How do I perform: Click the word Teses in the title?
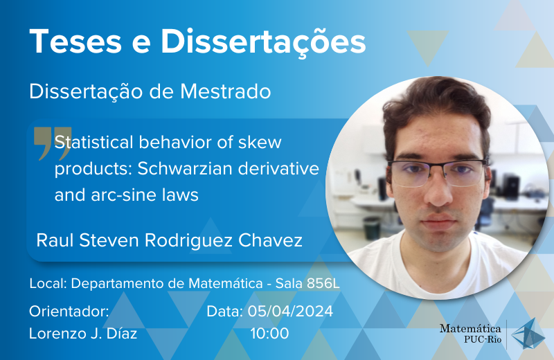[75, 42]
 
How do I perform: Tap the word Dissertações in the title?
[263, 42]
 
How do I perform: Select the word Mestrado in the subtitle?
[226, 91]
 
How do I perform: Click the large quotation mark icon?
[53, 143]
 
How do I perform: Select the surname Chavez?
[270, 241]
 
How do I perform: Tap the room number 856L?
[323, 283]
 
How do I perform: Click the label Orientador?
[69, 312]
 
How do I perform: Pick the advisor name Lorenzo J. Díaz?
[83, 334]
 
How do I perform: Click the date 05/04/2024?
[290, 312]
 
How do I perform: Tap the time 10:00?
[269, 334]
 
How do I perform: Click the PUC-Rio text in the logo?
[483, 339]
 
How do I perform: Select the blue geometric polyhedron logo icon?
[528, 334]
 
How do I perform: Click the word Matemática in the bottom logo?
[470, 329]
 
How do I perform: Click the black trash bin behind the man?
[372, 228]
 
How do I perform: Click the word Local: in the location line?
[48, 283]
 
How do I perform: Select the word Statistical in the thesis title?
[93, 143]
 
